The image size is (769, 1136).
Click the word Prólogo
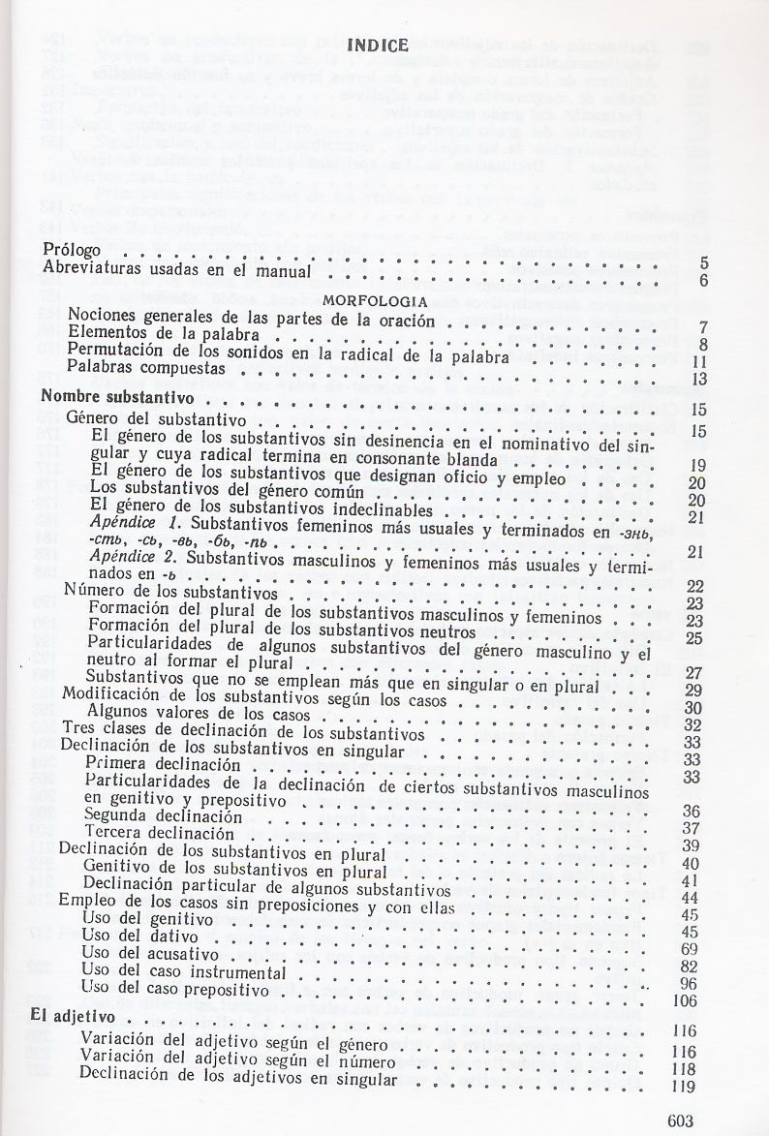click(74, 250)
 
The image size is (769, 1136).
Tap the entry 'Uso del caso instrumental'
click(183, 970)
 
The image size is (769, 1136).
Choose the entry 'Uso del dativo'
click(140, 936)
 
